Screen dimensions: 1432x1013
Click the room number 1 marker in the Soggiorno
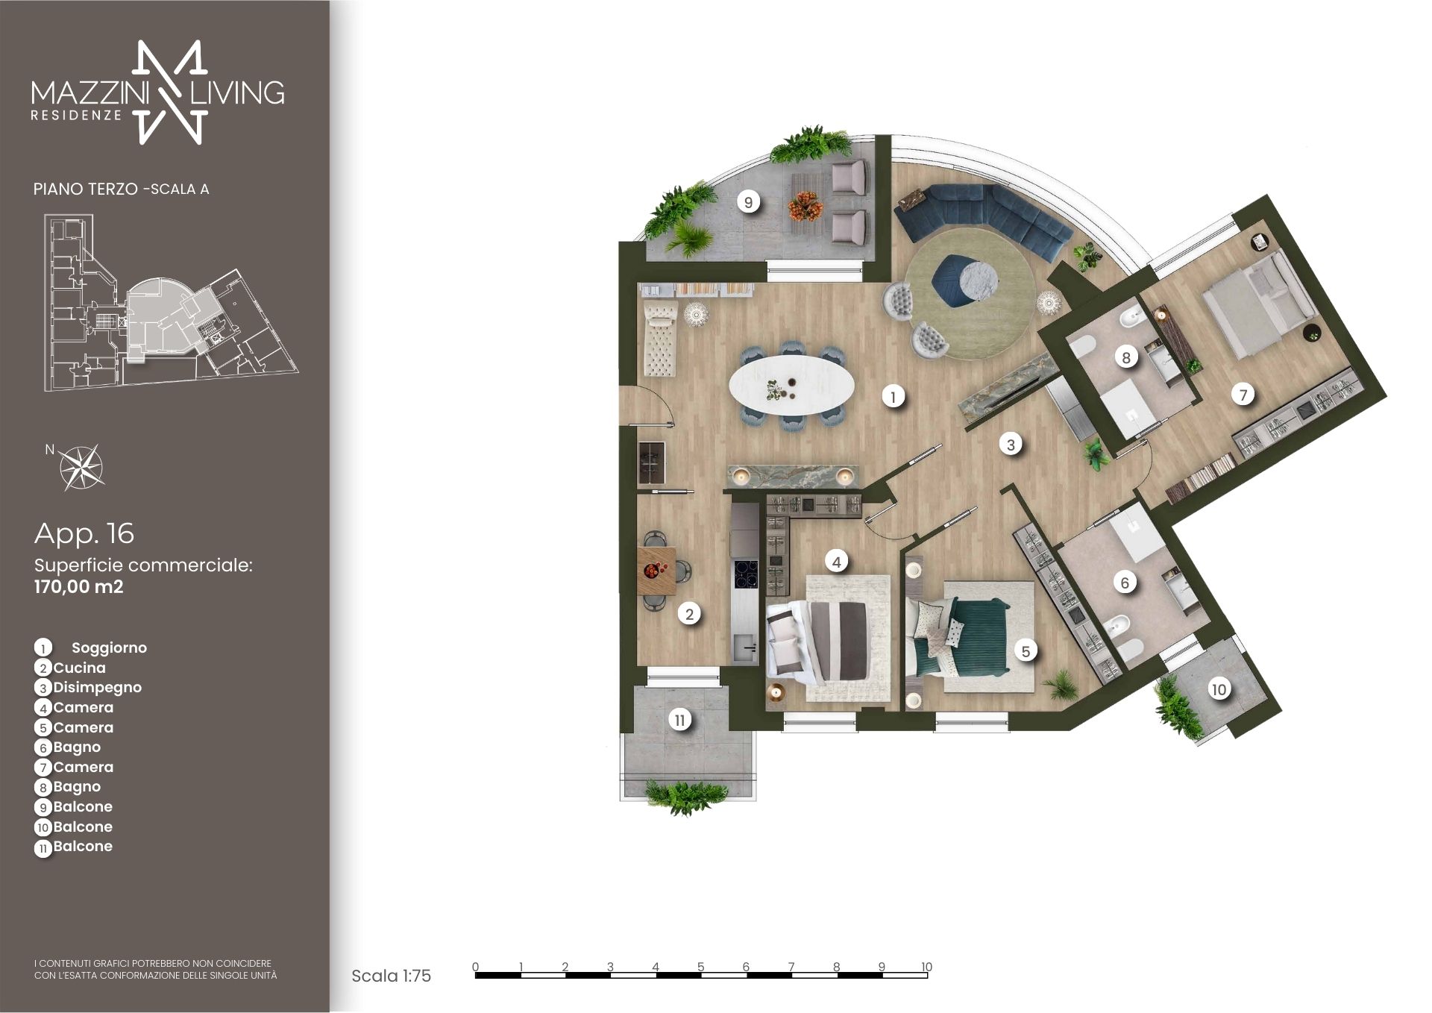[893, 396]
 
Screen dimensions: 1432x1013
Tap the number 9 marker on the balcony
[748, 201]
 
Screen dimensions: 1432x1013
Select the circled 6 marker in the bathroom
[1125, 582]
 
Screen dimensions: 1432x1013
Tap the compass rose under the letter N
[82, 468]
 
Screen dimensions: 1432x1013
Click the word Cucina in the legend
[79, 668]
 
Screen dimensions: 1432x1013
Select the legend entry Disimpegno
[97, 688]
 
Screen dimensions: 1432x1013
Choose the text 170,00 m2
[79, 587]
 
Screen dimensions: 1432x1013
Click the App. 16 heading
[84, 533]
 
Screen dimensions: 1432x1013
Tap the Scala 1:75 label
[391, 976]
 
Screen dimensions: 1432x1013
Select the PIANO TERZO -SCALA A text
[121, 189]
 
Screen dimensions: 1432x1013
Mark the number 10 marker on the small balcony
[1219, 689]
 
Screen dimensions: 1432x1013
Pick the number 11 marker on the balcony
[679, 721]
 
